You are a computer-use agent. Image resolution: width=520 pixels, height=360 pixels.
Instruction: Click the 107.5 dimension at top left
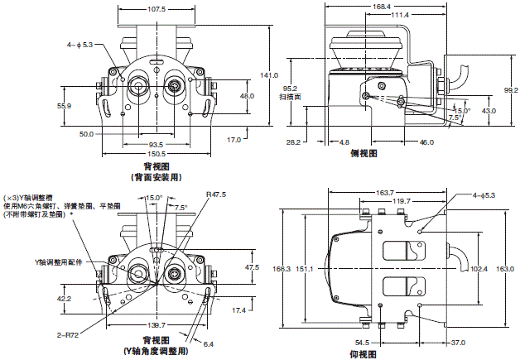pyautogui.click(x=156, y=10)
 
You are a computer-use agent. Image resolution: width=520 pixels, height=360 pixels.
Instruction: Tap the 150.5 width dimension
pyautogui.click(x=156, y=154)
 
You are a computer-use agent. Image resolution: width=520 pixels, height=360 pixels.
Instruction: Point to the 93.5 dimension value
pyautogui.click(x=156, y=144)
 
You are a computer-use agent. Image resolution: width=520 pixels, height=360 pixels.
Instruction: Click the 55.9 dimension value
pyautogui.click(x=65, y=107)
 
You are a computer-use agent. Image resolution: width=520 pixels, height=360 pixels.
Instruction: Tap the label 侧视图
pyautogui.click(x=364, y=153)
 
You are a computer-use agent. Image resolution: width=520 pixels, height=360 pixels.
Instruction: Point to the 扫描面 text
pyautogui.click(x=291, y=97)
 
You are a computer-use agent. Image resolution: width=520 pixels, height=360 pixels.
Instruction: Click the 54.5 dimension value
pyautogui.click(x=362, y=342)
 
